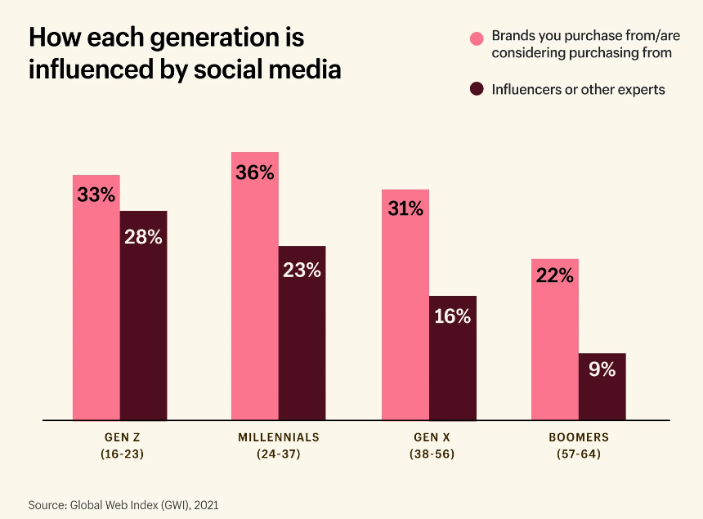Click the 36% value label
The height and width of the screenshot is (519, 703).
254,173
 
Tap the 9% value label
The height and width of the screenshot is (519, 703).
602,369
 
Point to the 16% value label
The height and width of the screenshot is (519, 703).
453,316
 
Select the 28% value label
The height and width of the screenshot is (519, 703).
143,238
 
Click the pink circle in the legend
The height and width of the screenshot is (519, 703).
476,38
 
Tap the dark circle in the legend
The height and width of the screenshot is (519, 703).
476,89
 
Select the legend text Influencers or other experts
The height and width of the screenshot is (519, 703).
578,89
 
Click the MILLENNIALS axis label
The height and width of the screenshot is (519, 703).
278,437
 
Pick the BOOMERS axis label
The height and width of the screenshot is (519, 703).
579,437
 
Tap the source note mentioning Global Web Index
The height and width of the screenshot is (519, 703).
123,505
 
